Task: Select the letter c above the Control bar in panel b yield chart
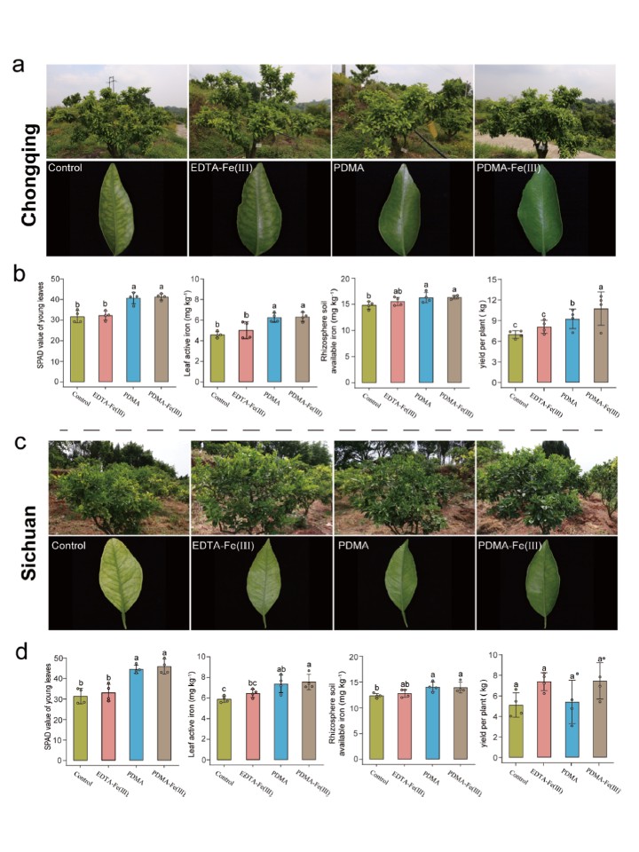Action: point(515,324)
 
